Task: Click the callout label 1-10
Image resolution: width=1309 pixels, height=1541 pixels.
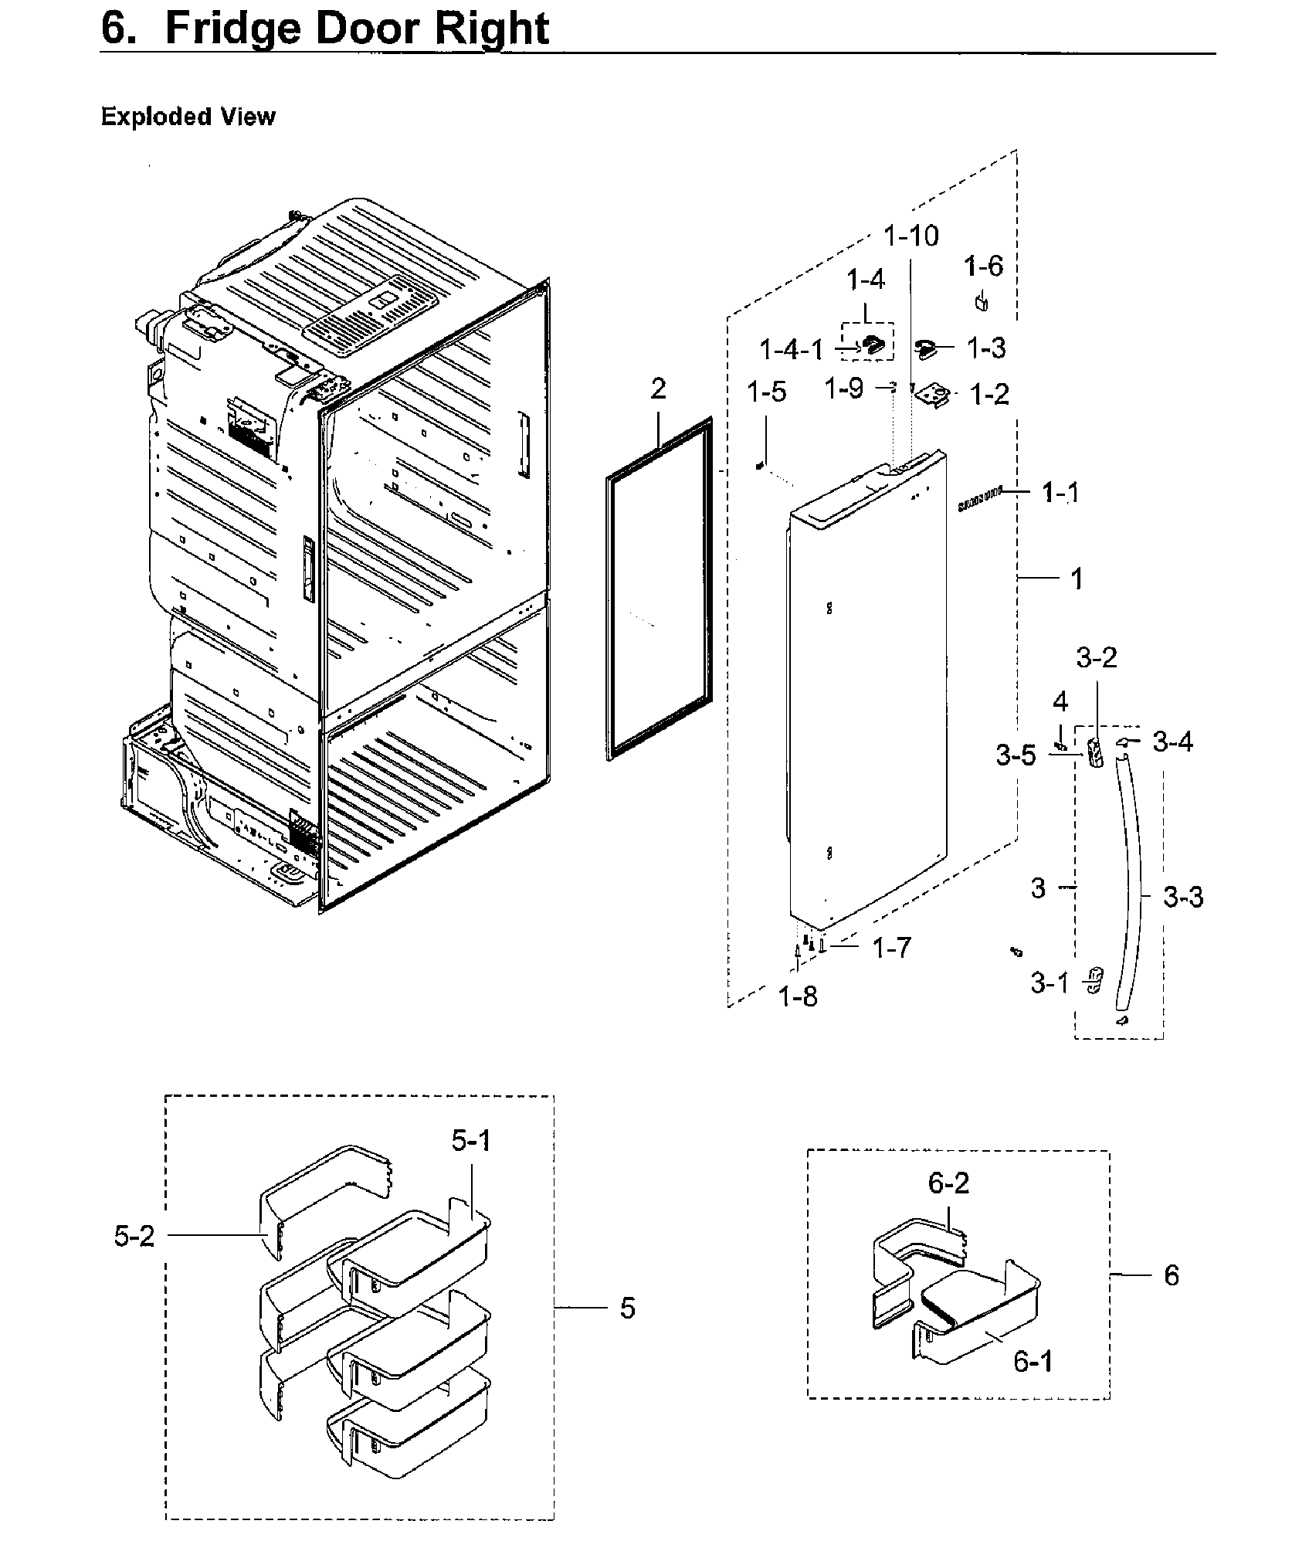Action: click(x=911, y=236)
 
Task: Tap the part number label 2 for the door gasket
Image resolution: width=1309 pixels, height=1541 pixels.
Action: click(x=657, y=389)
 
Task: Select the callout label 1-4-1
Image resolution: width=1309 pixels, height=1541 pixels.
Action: click(x=792, y=350)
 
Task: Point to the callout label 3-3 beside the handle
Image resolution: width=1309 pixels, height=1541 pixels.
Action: click(x=1183, y=898)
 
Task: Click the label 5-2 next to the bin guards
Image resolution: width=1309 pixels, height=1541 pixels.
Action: click(x=134, y=1237)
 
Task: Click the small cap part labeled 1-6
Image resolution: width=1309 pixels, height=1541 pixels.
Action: click(x=982, y=301)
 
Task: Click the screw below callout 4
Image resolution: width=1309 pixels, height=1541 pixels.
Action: click(x=1060, y=745)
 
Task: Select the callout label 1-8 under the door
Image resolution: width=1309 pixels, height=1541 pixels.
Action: click(x=798, y=997)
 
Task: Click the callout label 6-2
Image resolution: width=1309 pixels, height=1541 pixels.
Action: click(x=948, y=1183)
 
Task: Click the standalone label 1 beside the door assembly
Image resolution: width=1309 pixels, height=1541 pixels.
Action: click(x=1077, y=579)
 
